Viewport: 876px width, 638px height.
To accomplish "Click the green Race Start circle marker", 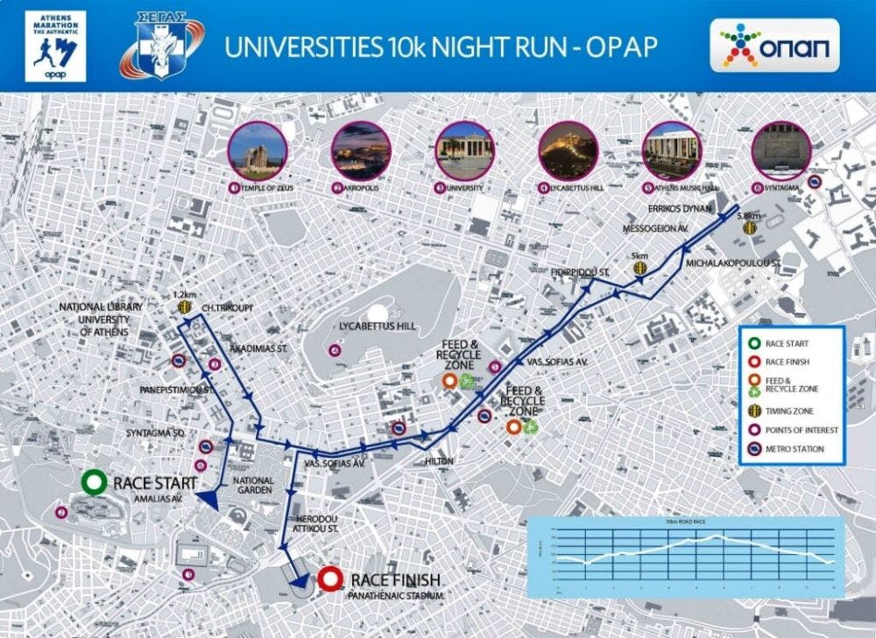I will click(92, 482).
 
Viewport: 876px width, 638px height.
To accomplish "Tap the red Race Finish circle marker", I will click(330, 578).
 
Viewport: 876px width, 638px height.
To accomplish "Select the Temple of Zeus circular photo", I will click(257, 151).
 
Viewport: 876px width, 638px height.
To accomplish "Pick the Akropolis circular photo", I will click(360, 151).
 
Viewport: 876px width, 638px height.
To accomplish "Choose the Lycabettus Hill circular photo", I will click(568, 151).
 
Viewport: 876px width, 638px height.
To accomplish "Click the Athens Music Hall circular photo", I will click(672, 151).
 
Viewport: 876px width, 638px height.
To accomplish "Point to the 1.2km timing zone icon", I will click(184, 307).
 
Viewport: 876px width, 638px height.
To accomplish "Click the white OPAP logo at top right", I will click(774, 45).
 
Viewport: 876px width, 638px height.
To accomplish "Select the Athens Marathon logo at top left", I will click(56, 46).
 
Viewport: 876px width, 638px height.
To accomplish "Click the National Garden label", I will click(253, 487).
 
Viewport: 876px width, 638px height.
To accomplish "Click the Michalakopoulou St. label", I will click(733, 262).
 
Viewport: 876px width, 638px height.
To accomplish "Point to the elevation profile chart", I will click(686, 556).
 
